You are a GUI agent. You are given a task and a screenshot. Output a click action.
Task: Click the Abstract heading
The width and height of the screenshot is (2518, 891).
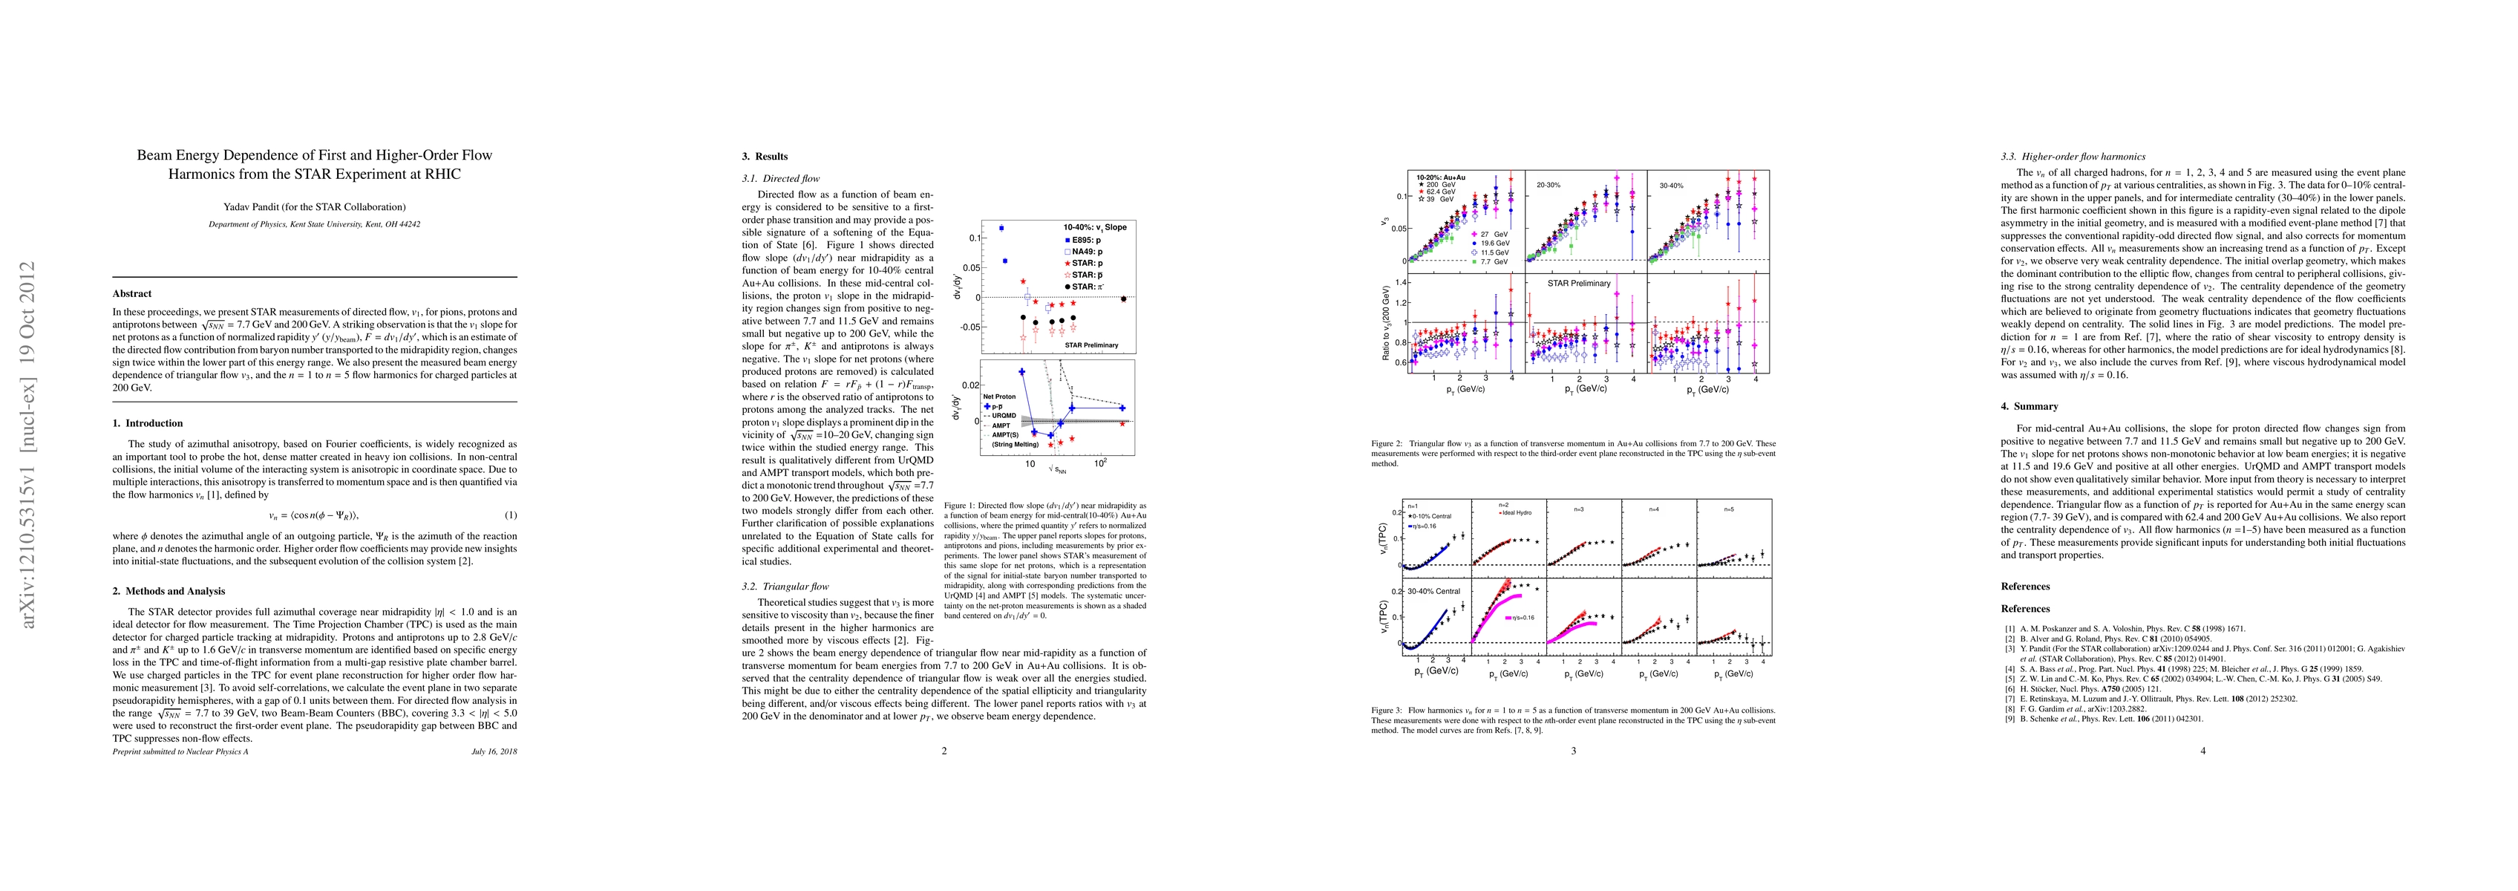132,293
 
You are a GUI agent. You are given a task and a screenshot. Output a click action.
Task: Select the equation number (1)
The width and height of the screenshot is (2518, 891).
510,515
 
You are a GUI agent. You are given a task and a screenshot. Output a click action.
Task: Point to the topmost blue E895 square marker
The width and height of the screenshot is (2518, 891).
1001,228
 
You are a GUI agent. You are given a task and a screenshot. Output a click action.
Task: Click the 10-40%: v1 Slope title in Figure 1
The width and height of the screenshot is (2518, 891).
1095,227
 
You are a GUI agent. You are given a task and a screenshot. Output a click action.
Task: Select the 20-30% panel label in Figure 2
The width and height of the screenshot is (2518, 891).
1547,185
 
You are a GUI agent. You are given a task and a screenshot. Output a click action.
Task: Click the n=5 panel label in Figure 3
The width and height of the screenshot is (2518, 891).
1727,509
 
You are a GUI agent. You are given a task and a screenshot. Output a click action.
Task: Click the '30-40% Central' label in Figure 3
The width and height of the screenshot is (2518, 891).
1435,592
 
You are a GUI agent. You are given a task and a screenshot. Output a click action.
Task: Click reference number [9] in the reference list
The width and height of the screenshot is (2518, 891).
2009,719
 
